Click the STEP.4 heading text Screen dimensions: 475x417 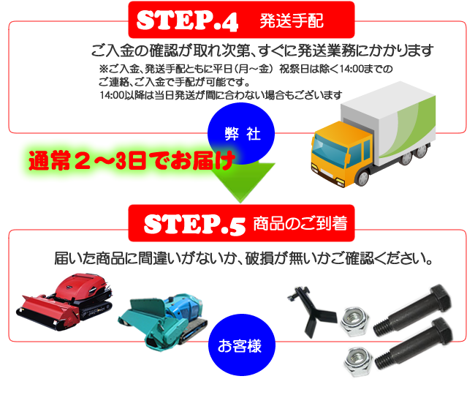click(x=187, y=20)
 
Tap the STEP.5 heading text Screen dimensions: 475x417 click(x=194, y=225)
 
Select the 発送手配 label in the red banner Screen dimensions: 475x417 click(x=292, y=21)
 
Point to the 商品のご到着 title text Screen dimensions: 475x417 click(x=300, y=224)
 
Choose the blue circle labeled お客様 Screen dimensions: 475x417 click(x=241, y=345)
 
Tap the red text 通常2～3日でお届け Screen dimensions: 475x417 click(x=132, y=160)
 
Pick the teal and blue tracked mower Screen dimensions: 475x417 click(x=163, y=321)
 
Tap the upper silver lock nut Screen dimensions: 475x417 click(x=354, y=321)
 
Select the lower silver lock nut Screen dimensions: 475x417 click(x=358, y=361)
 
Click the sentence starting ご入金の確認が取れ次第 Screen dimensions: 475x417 click(x=262, y=50)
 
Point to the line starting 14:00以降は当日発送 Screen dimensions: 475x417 click(x=221, y=95)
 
